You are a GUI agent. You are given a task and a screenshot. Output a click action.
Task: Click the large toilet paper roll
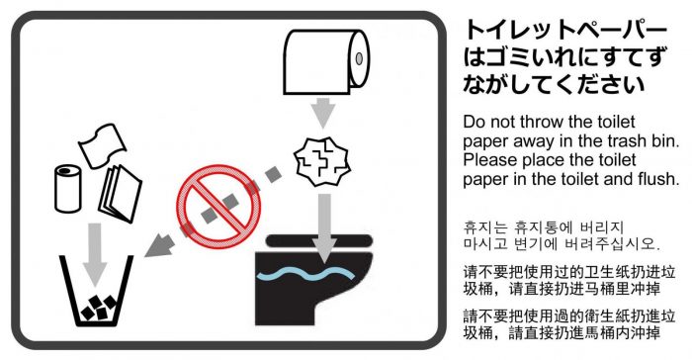tap(325, 62)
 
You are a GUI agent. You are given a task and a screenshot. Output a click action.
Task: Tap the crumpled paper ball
tap(322, 161)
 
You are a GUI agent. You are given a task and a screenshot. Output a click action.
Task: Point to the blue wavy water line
tap(305, 274)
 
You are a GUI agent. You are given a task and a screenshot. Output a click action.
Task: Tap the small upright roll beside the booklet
tap(68, 189)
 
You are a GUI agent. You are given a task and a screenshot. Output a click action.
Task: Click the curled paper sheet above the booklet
tap(103, 144)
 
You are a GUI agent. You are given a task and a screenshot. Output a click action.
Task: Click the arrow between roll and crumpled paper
tap(324, 112)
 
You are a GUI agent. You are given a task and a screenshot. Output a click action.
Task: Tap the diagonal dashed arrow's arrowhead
tap(158, 246)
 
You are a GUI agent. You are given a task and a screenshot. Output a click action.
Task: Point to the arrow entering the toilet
tap(324, 227)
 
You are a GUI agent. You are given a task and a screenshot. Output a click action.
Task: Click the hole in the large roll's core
tap(359, 58)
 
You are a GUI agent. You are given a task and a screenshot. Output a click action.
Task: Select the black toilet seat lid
tap(319, 241)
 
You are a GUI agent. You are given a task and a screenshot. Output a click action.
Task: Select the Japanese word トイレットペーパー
tap(565, 30)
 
